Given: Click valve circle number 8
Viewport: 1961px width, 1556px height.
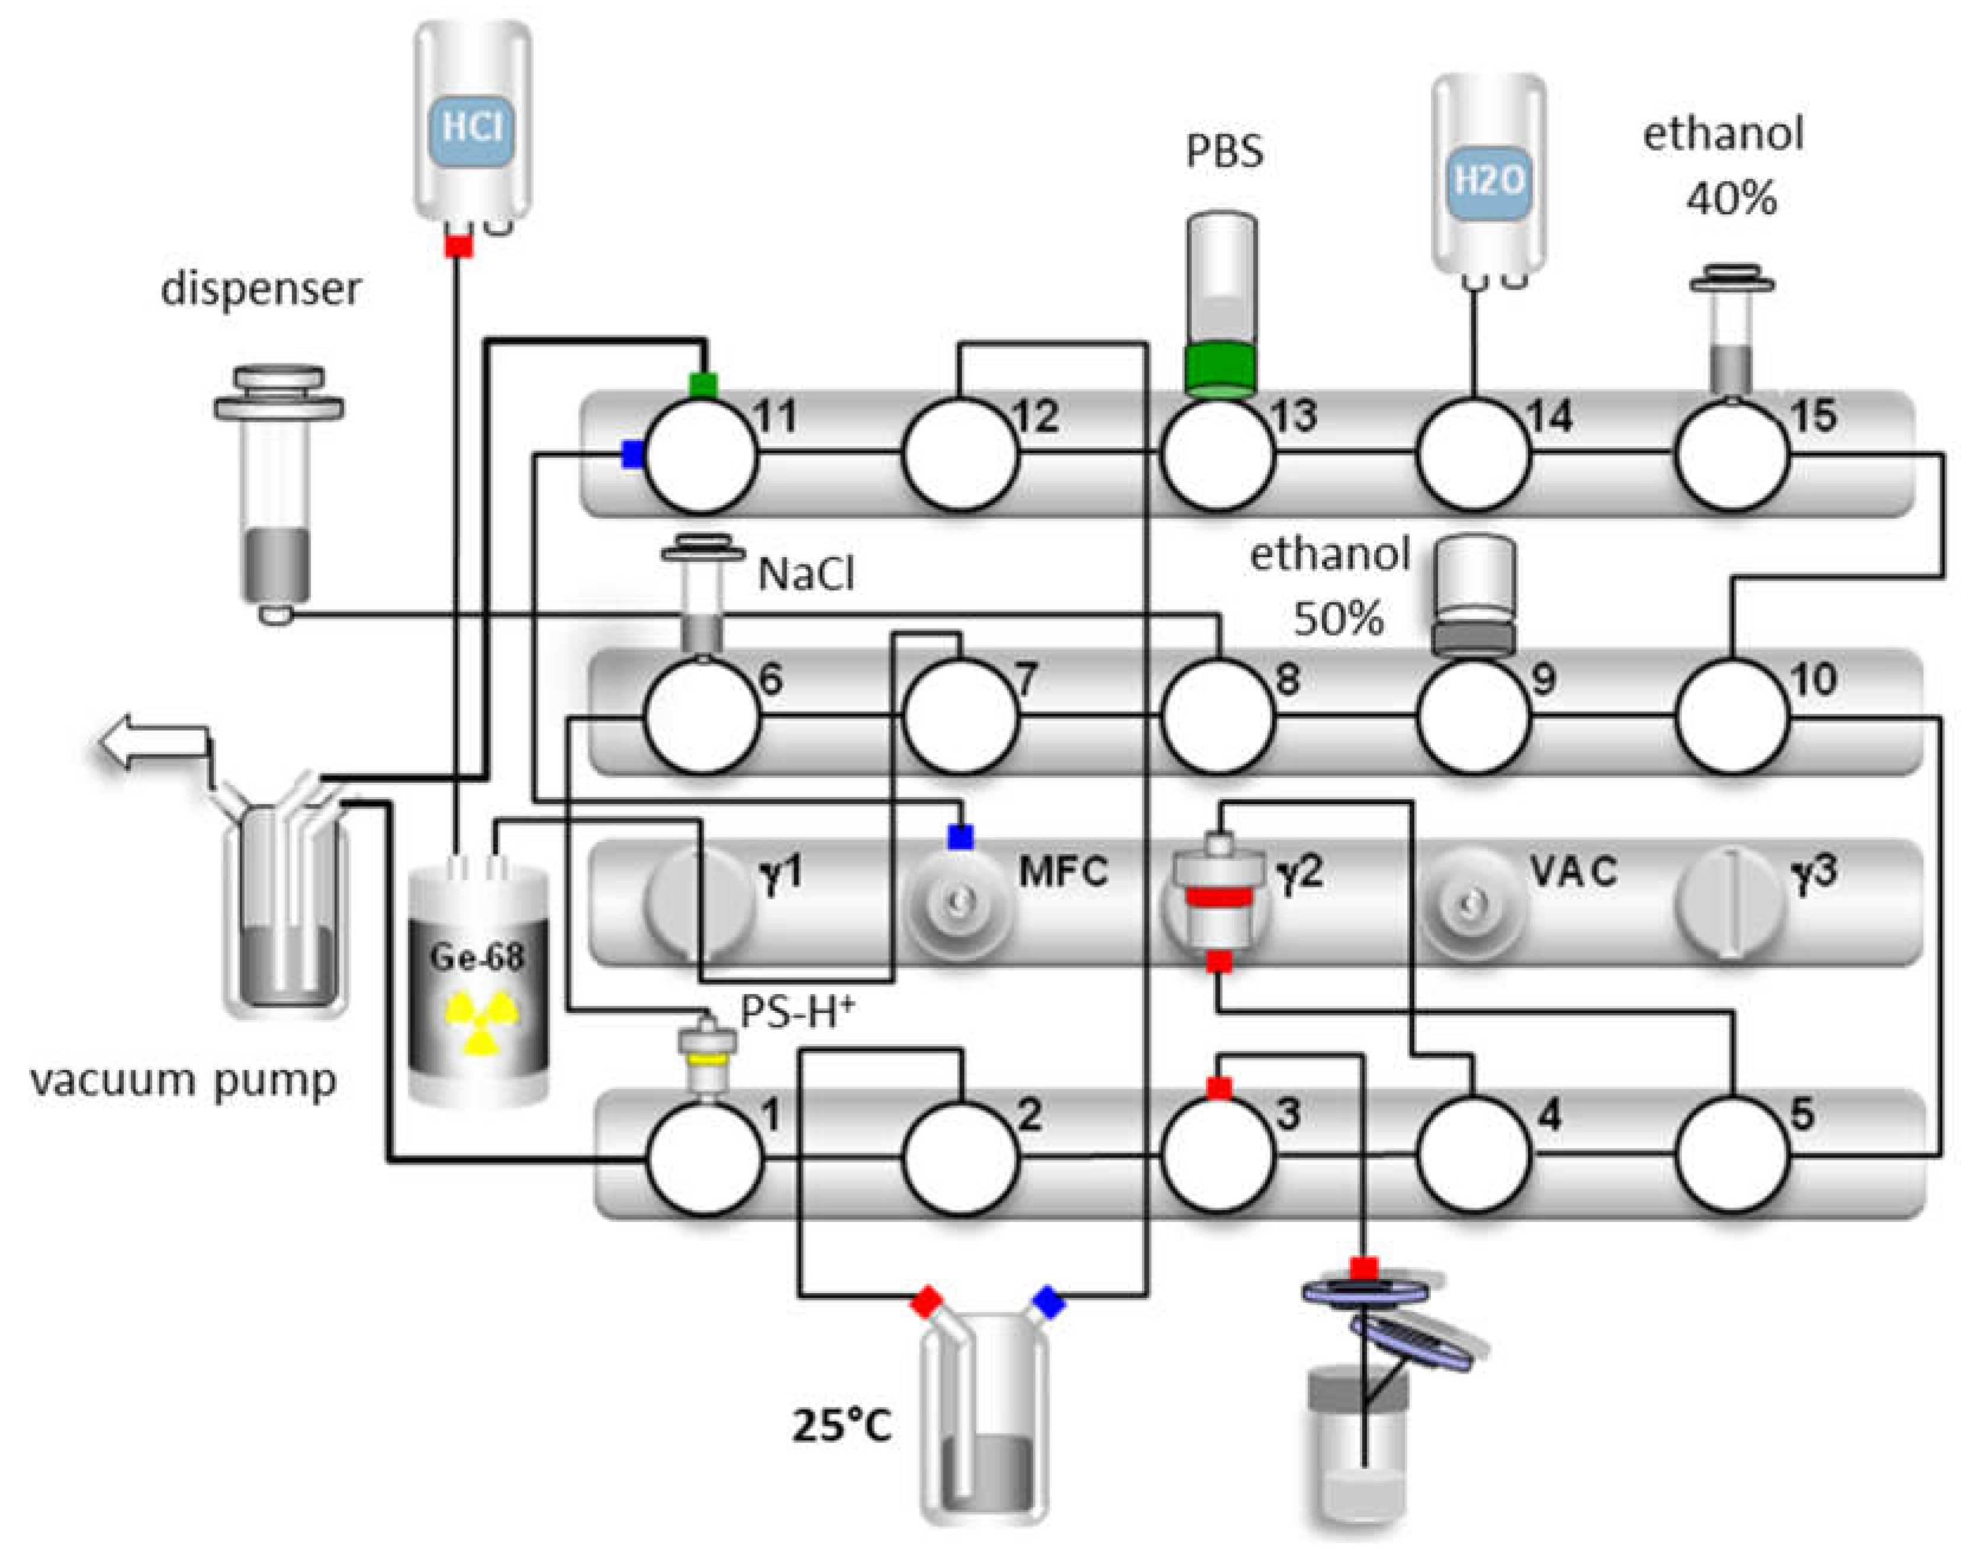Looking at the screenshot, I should tap(1217, 716).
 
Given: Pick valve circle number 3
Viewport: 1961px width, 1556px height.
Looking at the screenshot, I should tap(1217, 1157).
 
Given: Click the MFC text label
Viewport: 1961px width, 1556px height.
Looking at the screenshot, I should tap(1063, 871).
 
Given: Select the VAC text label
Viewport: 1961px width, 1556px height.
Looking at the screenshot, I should tap(1574, 871).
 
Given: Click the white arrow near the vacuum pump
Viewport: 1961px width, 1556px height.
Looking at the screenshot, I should tap(153, 742).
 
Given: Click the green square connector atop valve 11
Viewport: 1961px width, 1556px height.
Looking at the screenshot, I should tap(703, 385).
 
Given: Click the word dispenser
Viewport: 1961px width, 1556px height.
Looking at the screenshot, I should tap(261, 289).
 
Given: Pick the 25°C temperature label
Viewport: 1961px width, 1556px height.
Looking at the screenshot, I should tap(842, 1425).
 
